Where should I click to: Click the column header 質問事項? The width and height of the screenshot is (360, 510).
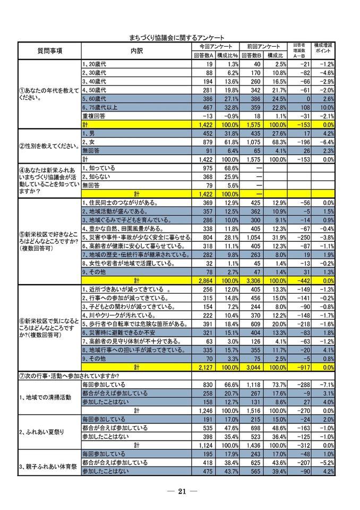pyautogui.click(x=49, y=50)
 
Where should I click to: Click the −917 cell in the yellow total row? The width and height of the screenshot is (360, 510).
pyautogui.click(x=298, y=367)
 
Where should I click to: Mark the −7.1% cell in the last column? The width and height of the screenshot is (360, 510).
pyautogui.click(x=325, y=384)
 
